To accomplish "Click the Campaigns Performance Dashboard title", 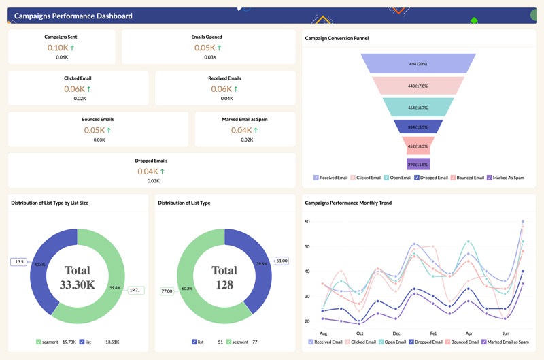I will pos(73,16).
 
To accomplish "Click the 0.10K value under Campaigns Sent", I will pos(58,48).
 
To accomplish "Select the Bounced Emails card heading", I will pos(97,119).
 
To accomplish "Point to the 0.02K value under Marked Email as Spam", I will pos(245,140).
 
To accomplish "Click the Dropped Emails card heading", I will pos(152,161).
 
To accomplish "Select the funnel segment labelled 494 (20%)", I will pos(418,64).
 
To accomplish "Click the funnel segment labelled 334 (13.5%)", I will pos(418,127).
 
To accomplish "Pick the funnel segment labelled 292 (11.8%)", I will pos(418,164).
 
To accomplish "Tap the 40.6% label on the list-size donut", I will pos(39,265).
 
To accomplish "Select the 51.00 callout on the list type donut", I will pos(282,260).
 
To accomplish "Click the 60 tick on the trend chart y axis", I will pos(307,222).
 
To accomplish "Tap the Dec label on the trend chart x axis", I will pos(396,333).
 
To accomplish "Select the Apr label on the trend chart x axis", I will pos(468,333).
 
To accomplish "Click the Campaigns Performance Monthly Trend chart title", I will pos(348,203).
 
